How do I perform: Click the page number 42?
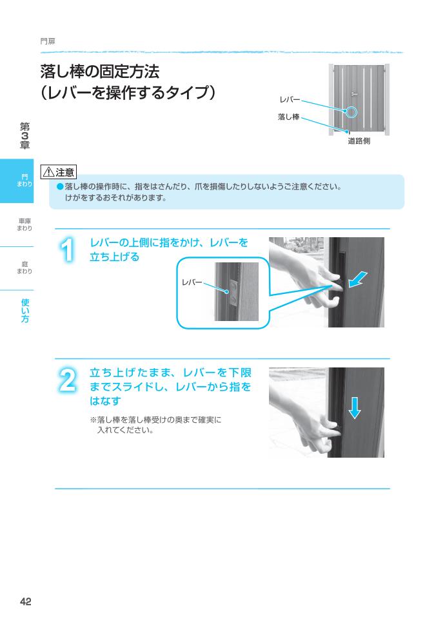pyautogui.click(x=26, y=601)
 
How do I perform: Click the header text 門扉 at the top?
pyautogui.click(x=47, y=41)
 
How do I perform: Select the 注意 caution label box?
pyautogui.click(x=58, y=172)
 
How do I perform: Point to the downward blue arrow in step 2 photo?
pyautogui.click(x=354, y=407)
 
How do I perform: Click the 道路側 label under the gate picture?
pyautogui.click(x=359, y=141)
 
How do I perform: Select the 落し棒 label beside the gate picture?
pyautogui.click(x=288, y=117)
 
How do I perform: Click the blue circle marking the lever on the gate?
pyautogui.click(x=351, y=112)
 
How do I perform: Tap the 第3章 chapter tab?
pyautogui.click(x=25, y=136)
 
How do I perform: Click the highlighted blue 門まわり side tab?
pyautogui.click(x=25, y=180)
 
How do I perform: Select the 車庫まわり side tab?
pyautogui.click(x=25, y=224)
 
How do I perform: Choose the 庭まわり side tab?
pyautogui.click(x=25, y=268)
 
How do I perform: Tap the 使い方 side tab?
pyautogui.click(x=25, y=311)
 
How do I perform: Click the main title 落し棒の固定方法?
pyautogui.click(x=99, y=70)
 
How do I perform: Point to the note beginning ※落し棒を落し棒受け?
pyautogui.click(x=155, y=424)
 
